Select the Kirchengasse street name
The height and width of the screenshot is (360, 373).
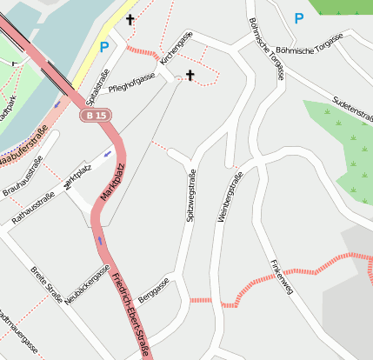click(177, 47)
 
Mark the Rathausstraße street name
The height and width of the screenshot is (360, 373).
click(33, 209)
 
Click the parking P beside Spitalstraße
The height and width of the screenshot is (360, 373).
click(104, 47)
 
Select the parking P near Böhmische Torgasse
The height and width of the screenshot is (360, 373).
click(299, 17)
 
